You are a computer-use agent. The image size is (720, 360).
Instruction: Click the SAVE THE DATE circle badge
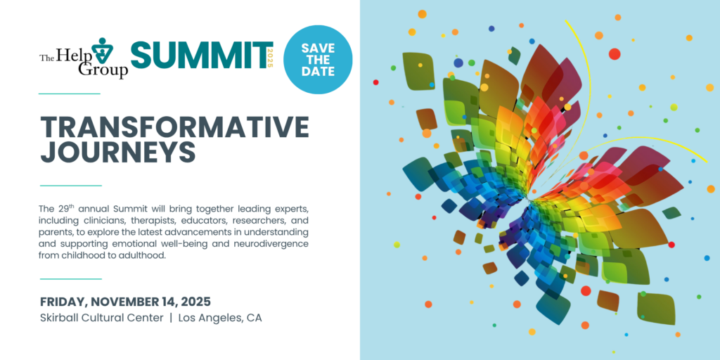(x=318, y=60)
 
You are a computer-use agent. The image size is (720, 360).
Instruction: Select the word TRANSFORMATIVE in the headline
(x=174, y=127)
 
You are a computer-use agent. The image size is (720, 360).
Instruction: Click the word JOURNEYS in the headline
(x=118, y=153)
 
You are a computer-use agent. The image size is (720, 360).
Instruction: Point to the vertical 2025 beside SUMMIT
(x=270, y=58)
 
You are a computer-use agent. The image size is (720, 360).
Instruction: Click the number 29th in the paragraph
(x=66, y=208)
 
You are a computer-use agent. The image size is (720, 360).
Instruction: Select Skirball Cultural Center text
(x=101, y=318)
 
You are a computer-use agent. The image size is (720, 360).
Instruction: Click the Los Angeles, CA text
(x=220, y=318)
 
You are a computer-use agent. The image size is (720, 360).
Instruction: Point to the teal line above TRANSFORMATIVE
(x=70, y=94)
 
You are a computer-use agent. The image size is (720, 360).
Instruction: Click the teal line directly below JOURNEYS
(x=71, y=186)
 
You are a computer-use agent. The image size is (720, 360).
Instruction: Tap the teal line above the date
(x=71, y=278)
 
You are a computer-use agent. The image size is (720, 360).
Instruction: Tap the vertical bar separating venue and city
(x=171, y=318)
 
